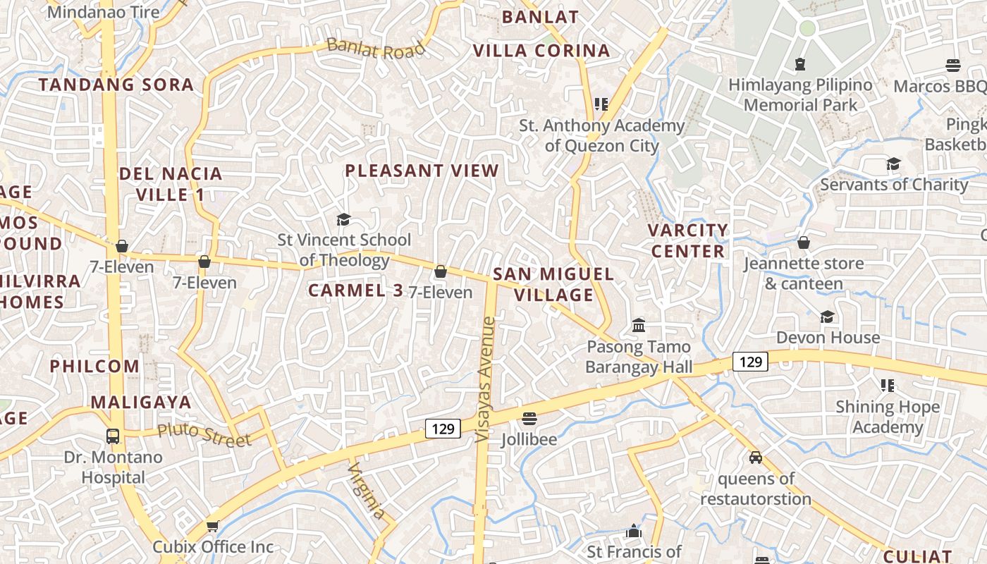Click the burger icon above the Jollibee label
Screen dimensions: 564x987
click(529, 418)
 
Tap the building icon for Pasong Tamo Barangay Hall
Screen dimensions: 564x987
click(639, 326)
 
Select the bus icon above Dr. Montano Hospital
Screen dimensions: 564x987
click(113, 436)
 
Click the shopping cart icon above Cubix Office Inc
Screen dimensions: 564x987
click(212, 526)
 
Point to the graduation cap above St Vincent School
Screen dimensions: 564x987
click(343, 219)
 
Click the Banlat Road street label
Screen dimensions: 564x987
click(376, 49)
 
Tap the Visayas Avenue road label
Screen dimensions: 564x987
click(486, 379)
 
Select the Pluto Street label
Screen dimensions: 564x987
click(204, 434)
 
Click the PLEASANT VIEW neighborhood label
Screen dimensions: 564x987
click(422, 171)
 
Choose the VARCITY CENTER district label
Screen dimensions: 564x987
click(688, 240)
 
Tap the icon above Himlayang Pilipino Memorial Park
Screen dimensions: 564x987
click(800, 64)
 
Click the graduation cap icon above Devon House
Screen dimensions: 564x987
click(828, 317)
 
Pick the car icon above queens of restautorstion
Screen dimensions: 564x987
click(756, 458)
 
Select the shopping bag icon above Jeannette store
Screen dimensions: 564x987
click(804, 243)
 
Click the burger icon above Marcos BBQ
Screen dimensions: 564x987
click(952, 66)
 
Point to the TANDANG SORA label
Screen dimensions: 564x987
click(116, 85)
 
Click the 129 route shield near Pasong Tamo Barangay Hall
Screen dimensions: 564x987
click(750, 362)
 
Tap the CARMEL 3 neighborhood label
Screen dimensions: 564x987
click(356, 290)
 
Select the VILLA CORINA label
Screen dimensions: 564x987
click(541, 51)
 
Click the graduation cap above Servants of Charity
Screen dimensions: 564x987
click(893, 164)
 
